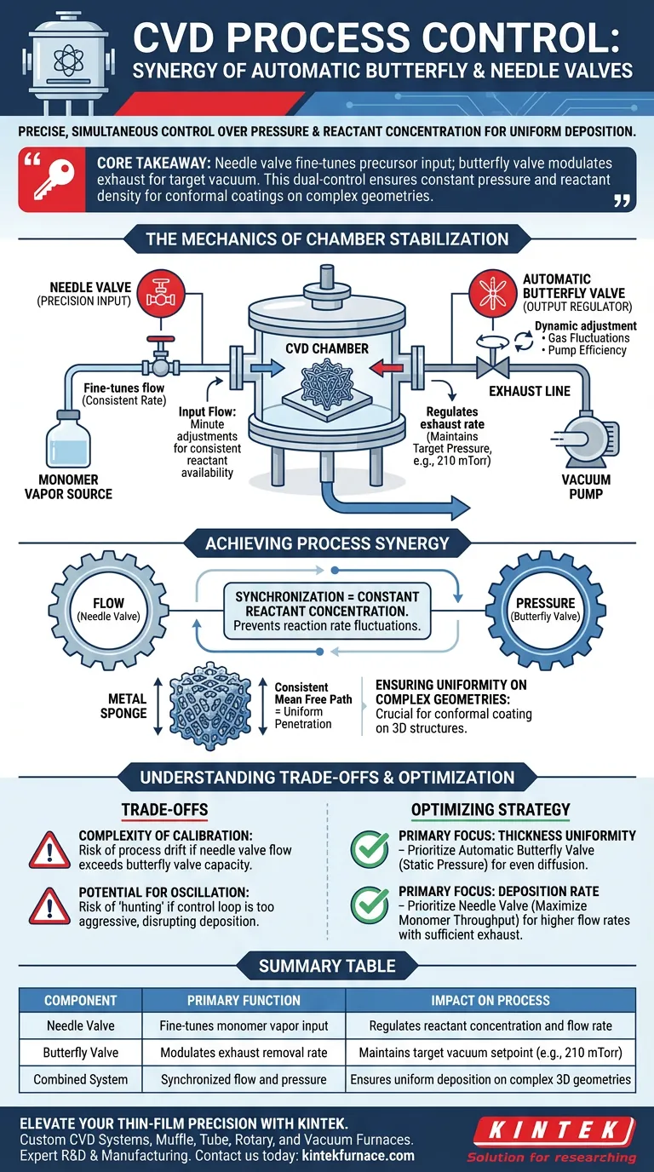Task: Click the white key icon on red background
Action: coord(51,180)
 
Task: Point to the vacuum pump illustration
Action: coord(585,438)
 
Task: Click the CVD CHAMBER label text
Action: coord(327,348)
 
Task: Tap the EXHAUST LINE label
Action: coord(529,391)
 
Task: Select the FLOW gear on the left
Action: coord(108,609)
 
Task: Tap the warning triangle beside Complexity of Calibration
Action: coord(49,851)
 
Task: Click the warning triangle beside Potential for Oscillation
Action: coord(49,909)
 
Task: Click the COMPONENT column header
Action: coord(81,1001)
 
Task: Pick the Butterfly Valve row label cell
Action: coord(81,1053)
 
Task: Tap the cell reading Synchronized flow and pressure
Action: coord(244,1079)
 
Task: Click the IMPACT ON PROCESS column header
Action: coord(489,1001)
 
